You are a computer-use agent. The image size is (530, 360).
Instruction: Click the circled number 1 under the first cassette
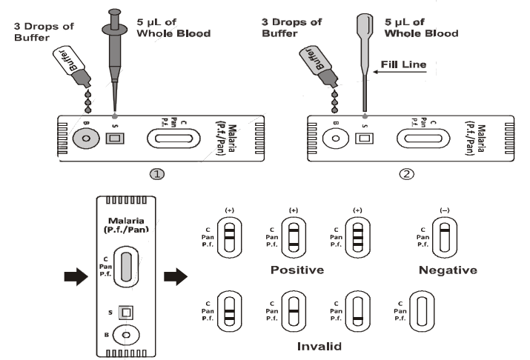tap(157, 174)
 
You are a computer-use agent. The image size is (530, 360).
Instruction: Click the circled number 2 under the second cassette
tap(405, 174)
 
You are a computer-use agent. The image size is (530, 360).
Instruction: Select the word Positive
tap(297, 270)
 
